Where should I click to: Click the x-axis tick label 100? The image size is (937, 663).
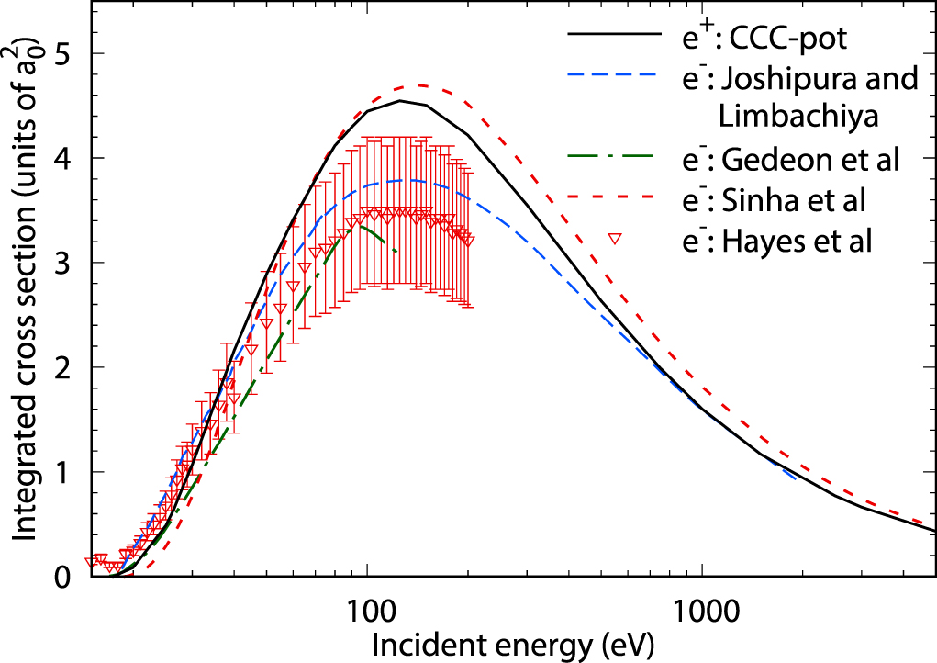coord(367,607)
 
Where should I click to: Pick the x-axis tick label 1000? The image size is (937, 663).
coord(702,607)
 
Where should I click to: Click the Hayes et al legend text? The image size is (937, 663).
coord(797,241)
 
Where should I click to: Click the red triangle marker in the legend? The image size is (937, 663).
coord(618,239)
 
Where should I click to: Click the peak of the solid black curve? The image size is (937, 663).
coord(400,101)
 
